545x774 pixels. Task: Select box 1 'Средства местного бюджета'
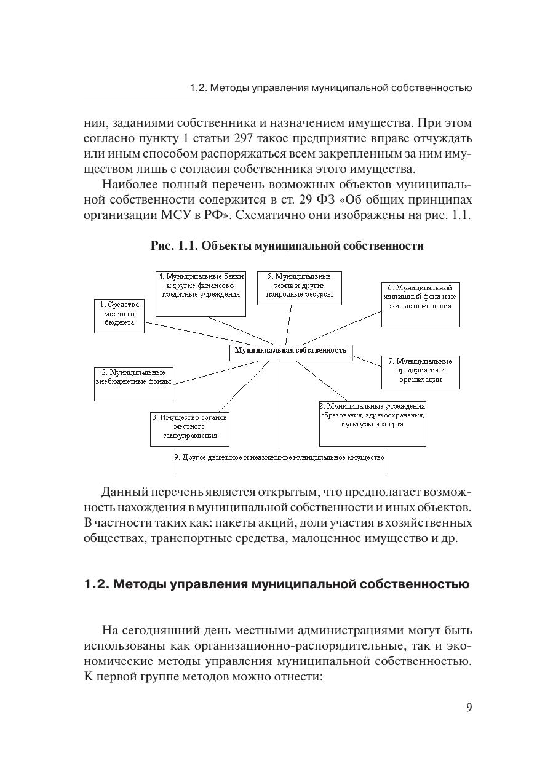pyautogui.click(x=119, y=316)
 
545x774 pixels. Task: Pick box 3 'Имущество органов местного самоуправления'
pyautogui.click(x=189, y=428)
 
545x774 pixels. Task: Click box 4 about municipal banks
pyautogui.click(x=201, y=293)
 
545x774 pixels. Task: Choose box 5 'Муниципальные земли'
pyautogui.click(x=299, y=287)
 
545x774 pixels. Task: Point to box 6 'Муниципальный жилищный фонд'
pyautogui.click(x=420, y=304)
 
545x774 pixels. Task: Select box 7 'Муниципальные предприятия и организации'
pyautogui.click(x=420, y=372)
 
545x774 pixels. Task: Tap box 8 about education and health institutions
pyautogui.click(x=372, y=423)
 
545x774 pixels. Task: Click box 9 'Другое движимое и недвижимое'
pyautogui.click(x=279, y=462)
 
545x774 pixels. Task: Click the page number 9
pyautogui.click(x=469, y=707)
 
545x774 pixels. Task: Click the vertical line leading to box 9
pyautogui.click(x=280, y=406)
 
